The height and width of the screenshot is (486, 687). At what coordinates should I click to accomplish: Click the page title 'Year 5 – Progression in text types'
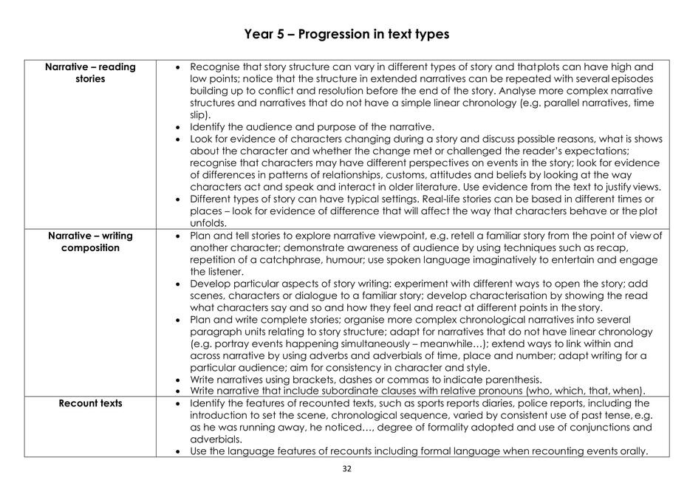tap(346, 35)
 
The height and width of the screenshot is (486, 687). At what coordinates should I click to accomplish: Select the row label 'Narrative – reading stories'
tap(90, 72)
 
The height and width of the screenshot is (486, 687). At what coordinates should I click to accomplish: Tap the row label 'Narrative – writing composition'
tap(90, 242)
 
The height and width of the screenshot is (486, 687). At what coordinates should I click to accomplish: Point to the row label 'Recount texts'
tap(90, 403)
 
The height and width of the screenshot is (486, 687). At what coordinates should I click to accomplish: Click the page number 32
tap(346, 468)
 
